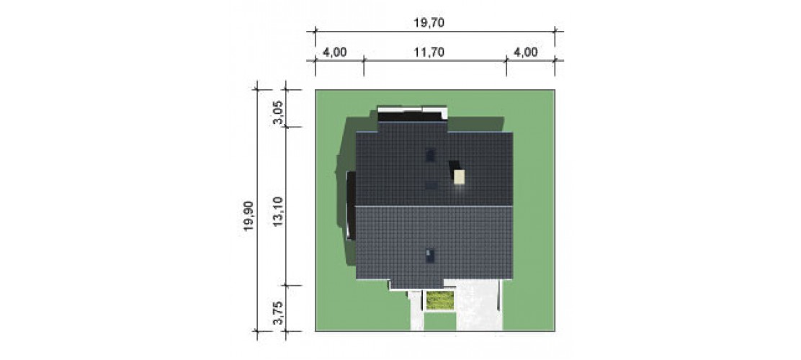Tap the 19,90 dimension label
point(249,217)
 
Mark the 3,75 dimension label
point(277,312)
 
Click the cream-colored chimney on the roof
point(460,176)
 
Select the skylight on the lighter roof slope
point(431,256)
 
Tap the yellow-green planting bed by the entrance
point(440,300)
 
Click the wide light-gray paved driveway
point(479,305)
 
